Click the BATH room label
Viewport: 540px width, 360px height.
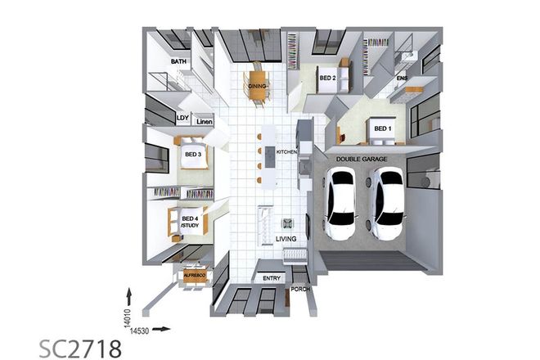click(x=179, y=61)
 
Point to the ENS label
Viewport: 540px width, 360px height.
click(x=402, y=78)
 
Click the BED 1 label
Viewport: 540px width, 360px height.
click(x=382, y=128)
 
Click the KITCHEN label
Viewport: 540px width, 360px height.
click(x=286, y=152)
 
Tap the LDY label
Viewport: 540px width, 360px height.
click(x=182, y=118)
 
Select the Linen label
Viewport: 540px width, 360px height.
click(x=204, y=122)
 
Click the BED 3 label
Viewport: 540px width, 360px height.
click(x=193, y=153)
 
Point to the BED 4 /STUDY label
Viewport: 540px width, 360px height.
click(x=190, y=223)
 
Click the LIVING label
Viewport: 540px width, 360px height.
click(x=286, y=239)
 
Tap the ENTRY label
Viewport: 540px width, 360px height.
click(x=271, y=278)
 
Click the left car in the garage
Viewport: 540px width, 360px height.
click(x=342, y=206)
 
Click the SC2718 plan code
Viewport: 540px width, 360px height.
click(x=80, y=349)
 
